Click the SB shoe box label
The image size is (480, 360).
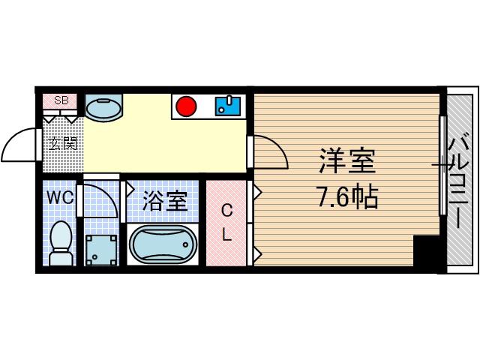pos(61,100)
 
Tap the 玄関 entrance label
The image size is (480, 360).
pos(63,143)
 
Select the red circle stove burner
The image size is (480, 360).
pos(186,106)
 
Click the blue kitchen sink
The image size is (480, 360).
pos(228,106)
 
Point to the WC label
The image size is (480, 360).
pos(60,197)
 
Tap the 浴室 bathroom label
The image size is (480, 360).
pos(165,201)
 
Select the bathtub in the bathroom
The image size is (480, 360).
pos(163,244)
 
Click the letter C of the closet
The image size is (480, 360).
pos(226,211)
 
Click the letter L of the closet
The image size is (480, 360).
pos(226,235)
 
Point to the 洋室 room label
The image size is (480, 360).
pos(347,160)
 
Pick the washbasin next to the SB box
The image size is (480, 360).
pos(103,108)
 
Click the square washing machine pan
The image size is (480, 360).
pos(101,250)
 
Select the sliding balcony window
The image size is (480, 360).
pos(443,165)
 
